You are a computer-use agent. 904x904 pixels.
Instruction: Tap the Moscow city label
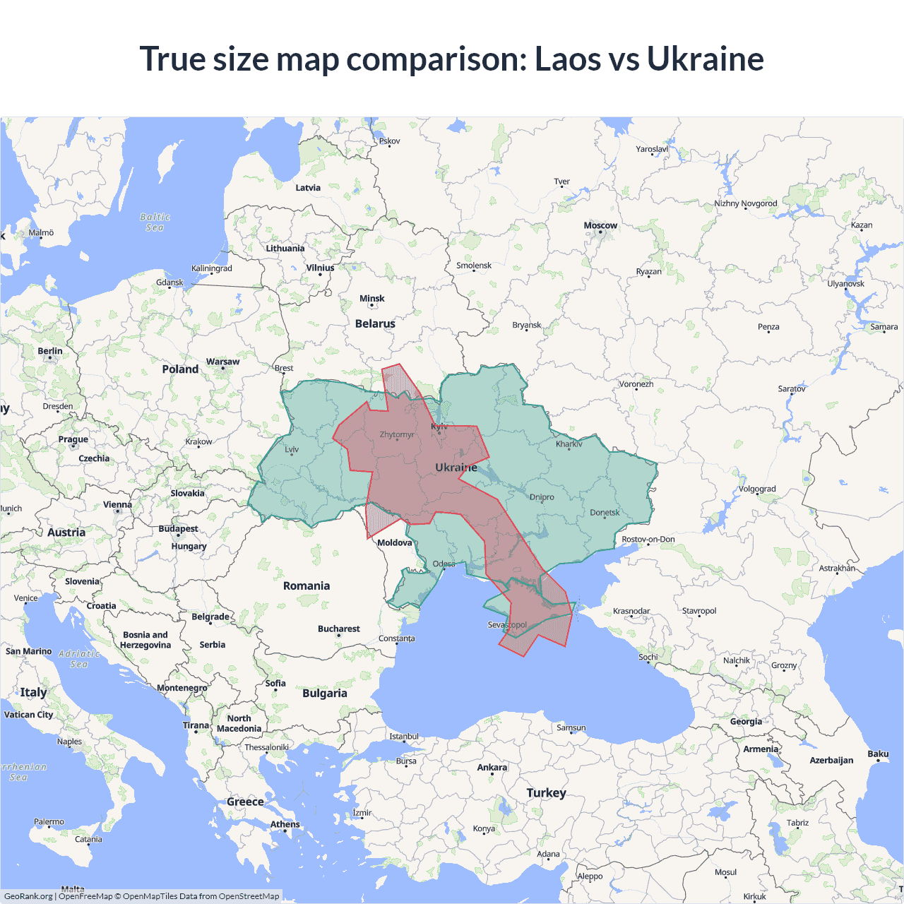(600, 225)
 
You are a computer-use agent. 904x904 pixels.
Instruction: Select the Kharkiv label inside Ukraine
(569, 444)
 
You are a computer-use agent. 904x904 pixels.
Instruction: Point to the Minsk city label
(371, 299)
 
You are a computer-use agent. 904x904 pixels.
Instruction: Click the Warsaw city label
(222, 362)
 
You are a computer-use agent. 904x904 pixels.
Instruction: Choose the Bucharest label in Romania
(338, 629)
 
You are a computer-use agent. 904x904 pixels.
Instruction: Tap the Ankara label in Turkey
(492, 767)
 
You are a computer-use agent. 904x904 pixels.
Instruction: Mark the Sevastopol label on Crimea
(507, 625)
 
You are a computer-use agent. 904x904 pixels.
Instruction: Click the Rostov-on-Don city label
(648, 540)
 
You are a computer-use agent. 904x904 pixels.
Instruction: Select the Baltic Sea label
(155, 222)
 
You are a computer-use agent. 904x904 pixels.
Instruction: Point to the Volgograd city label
(756, 489)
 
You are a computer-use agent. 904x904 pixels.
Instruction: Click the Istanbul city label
(404, 737)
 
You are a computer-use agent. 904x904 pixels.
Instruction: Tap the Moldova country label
(394, 542)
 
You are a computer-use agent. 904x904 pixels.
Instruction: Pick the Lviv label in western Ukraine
(292, 449)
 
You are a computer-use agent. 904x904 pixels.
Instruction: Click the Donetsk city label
(605, 513)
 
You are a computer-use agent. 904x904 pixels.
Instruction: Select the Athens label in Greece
(285, 824)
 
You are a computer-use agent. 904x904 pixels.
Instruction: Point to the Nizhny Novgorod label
(745, 203)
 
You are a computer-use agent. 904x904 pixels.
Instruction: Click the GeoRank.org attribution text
(28, 896)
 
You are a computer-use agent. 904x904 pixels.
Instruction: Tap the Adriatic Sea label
(79, 659)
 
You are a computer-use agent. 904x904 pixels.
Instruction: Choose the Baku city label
(878, 754)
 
